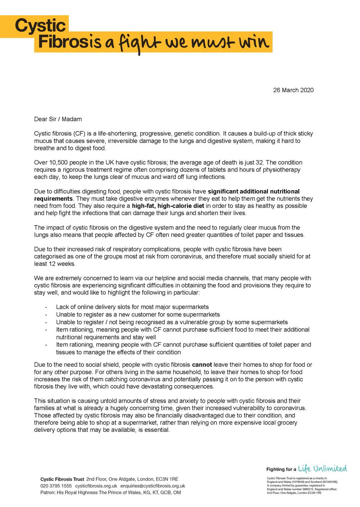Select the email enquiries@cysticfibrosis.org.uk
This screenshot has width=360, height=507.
pos(153,486)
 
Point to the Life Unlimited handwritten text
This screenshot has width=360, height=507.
pos(322,469)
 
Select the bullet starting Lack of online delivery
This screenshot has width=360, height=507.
pos(132,306)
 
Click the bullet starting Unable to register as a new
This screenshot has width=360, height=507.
pos(138,314)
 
